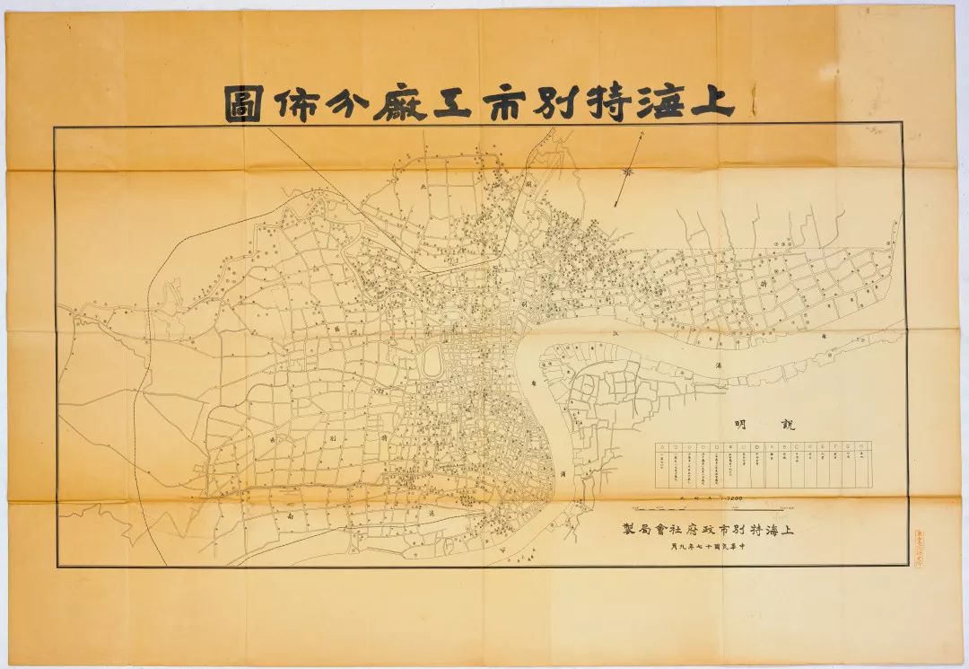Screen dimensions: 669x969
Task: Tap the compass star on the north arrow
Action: (629, 168)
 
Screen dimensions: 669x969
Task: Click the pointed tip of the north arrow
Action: (644, 133)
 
